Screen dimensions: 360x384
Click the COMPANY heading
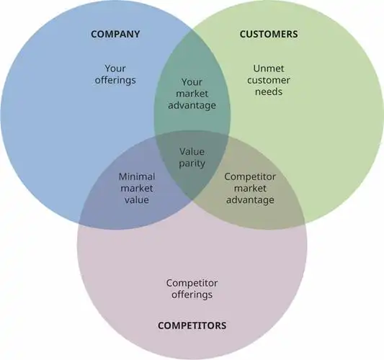click(115, 34)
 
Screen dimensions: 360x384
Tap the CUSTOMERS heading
click(268, 34)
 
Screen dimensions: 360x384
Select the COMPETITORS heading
click(192, 325)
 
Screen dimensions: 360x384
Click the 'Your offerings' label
click(115, 74)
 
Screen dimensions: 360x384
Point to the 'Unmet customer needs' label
click(268, 80)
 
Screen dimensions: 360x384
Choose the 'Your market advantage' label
click(192, 94)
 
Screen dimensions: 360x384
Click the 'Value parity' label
click(192, 158)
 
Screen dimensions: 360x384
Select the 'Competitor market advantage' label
click(250, 187)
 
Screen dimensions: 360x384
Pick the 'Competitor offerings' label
click(192, 289)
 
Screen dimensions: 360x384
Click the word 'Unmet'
click(268, 68)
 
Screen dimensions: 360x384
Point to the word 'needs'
click(268, 92)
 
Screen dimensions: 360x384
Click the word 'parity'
click(192, 163)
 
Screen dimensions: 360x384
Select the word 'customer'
click(268, 80)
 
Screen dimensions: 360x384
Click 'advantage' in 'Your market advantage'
click(192, 105)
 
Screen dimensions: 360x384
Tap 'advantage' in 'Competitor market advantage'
click(250, 199)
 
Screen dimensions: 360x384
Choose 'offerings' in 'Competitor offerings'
click(192, 295)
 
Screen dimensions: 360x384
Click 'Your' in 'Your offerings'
click(115, 68)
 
